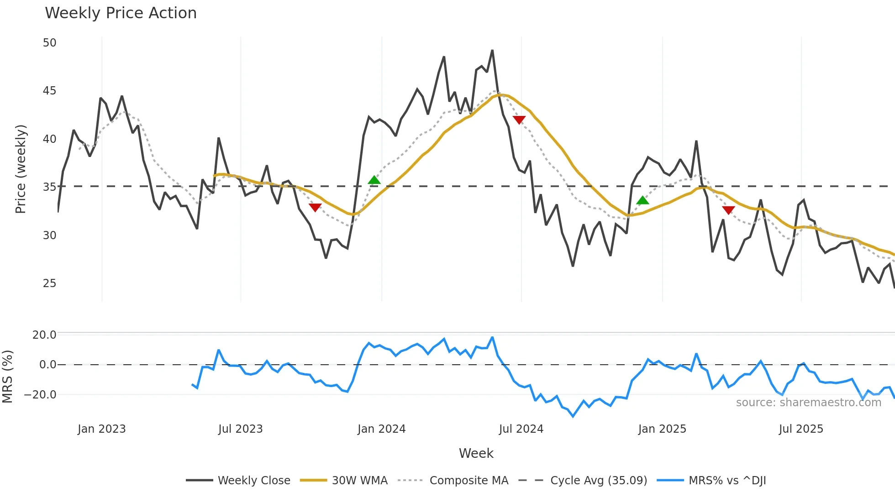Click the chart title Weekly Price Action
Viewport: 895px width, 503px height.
pos(121,13)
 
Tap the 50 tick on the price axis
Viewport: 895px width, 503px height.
pos(49,43)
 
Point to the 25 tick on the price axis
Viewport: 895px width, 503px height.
pos(49,283)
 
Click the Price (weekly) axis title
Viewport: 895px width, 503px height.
pos(21,169)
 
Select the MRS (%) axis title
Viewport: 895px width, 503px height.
pos(7,377)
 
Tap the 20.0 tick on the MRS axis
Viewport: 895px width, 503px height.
pos(44,335)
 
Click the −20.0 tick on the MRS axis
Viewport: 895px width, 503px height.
pos(40,395)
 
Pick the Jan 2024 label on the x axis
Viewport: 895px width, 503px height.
pos(381,429)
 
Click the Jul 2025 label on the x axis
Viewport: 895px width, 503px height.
pos(801,429)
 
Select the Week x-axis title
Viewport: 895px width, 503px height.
pos(476,453)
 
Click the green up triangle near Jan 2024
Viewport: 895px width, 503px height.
pos(374,180)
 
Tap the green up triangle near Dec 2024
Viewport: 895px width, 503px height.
pos(642,200)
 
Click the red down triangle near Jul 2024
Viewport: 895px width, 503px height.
pos(519,120)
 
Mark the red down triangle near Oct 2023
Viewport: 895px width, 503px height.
pos(315,207)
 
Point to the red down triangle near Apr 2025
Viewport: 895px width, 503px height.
pos(728,210)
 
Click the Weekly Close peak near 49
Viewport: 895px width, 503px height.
pos(492,51)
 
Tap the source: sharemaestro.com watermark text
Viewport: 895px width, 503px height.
pos(808,403)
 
